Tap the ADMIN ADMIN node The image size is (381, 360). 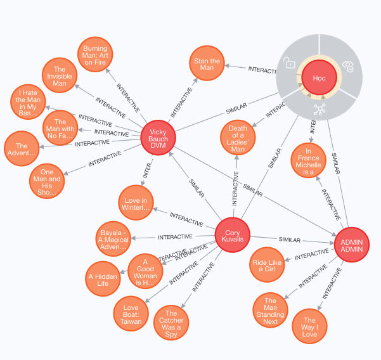[x=351, y=244]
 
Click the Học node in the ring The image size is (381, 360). [x=319, y=77]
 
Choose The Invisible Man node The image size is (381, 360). [x=60, y=75]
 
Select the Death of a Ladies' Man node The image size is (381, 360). [x=238, y=137]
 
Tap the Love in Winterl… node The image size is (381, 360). [x=136, y=200]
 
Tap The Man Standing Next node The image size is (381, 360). [x=271, y=311]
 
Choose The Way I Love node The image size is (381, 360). [x=309, y=326]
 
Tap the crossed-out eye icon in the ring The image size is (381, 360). [x=347, y=65]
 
